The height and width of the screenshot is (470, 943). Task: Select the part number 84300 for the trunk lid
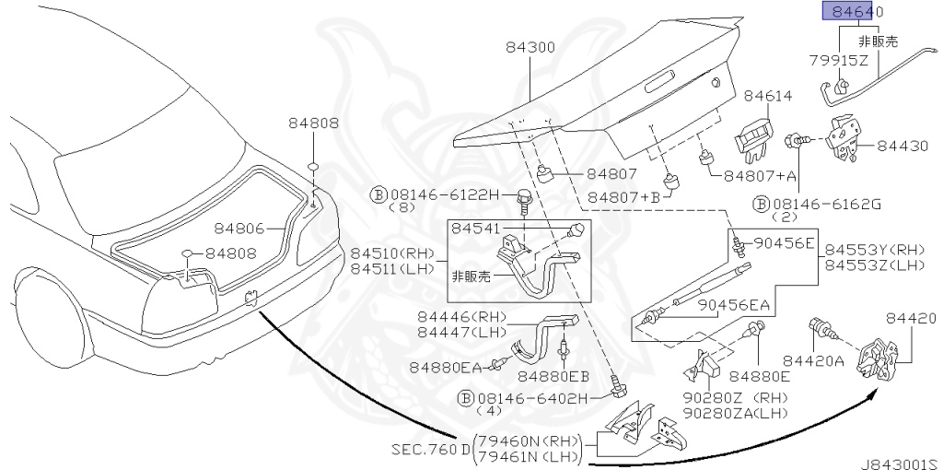pyautogui.click(x=530, y=48)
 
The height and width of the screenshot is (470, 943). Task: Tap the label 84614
pyautogui.click(x=768, y=96)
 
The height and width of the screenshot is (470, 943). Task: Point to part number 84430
pyautogui.click(x=902, y=147)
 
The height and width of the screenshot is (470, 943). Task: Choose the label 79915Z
pyautogui.click(x=838, y=60)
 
